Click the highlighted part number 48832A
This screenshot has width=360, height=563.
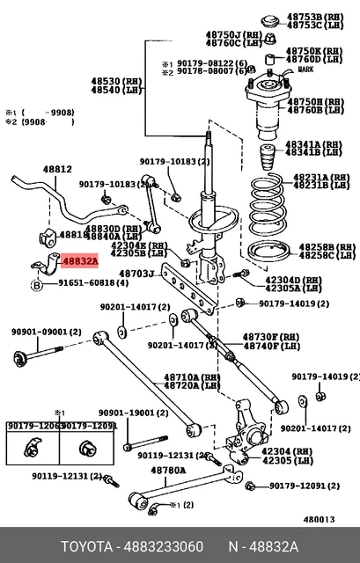point(79,261)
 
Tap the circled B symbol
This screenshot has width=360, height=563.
point(37,284)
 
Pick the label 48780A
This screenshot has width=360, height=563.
point(167,471)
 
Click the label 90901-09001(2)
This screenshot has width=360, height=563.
point(46,333)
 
